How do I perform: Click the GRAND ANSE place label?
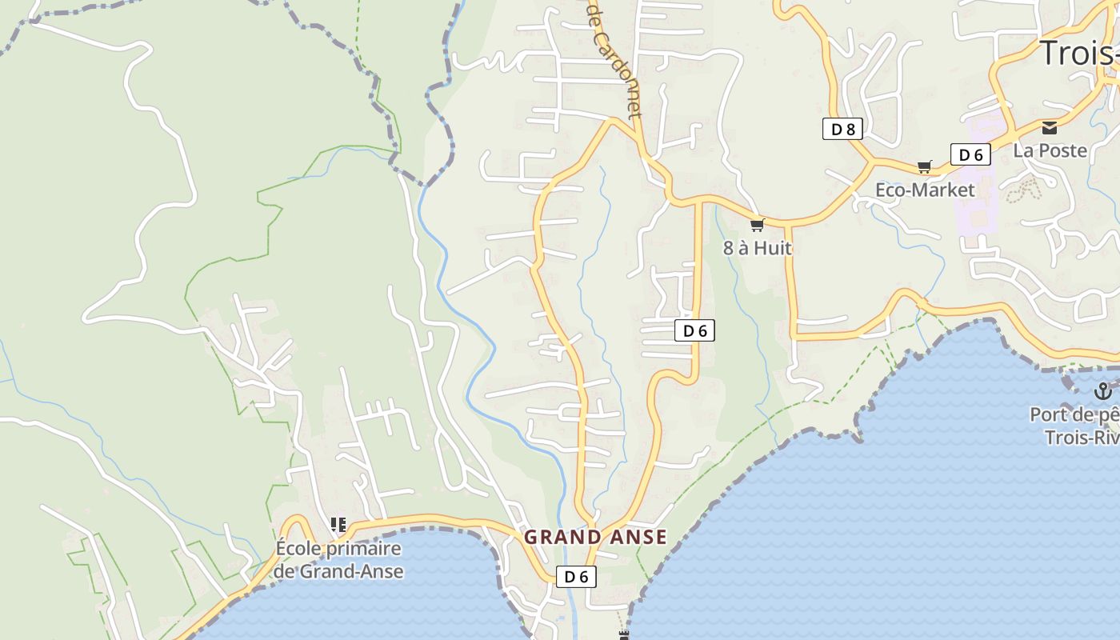coord(595,537)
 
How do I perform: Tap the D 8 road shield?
coord(842,129)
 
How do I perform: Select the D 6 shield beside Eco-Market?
coord(970,154)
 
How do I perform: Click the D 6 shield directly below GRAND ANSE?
coord(576,576)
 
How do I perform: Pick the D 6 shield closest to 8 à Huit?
coord(694,330)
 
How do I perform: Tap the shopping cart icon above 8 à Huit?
coord(757,225)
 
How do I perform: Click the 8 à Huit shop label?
coord(757,248)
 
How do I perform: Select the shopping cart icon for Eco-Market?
coord(924,166)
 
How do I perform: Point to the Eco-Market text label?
coord(925,190)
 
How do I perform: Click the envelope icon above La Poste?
coord(1049,128)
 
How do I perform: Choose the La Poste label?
coord(1050,150)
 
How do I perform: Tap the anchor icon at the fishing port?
coord(1102,391)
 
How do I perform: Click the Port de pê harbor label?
coord(1074,414)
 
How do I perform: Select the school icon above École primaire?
coord(338,525)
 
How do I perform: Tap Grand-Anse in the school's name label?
coord(351,571)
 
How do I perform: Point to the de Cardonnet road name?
coord(614,60)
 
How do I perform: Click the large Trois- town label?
coord(1078,53)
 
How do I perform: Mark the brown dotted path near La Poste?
coord(1023,190)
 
